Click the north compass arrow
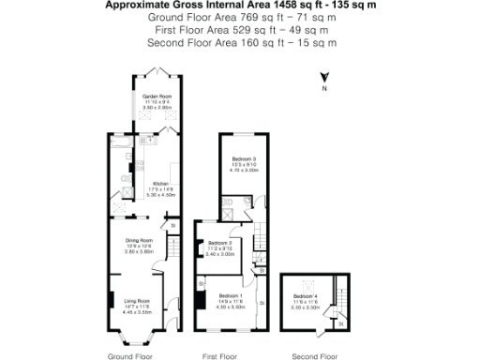pyautogui.click(x=322, y=79)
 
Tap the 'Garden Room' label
pyautogui.click(x=157, y=97)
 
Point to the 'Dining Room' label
pyautogui.click(x=139, y=240)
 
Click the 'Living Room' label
pyautogui.click(x=139, y=302)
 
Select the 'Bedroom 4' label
pyautogui.click(x=307, y=296)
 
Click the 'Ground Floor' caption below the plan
pyautogui.click(x=130, y=356)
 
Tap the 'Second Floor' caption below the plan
pyautogui.click(x=314, y=356)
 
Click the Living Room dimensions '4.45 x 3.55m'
pyautogui.click(x=139, y=312)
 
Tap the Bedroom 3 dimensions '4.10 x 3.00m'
pyautogui.click(x=243, y=171)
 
